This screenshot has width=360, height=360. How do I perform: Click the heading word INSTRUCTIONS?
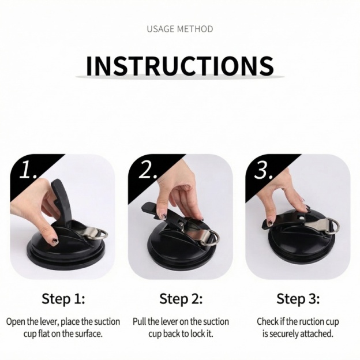coord(179,66)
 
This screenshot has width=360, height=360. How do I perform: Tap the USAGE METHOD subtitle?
coord(179,29)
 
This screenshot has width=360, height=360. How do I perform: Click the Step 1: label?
coord(63,299)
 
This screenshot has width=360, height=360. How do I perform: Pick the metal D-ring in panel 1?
coord(98,234)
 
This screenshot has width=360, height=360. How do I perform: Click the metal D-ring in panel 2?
coord(211,237)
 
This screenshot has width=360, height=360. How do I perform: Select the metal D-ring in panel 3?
coord(332,226)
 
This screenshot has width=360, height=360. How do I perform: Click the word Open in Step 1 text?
coord(16,321)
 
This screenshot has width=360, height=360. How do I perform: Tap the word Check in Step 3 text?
coord(268,321)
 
